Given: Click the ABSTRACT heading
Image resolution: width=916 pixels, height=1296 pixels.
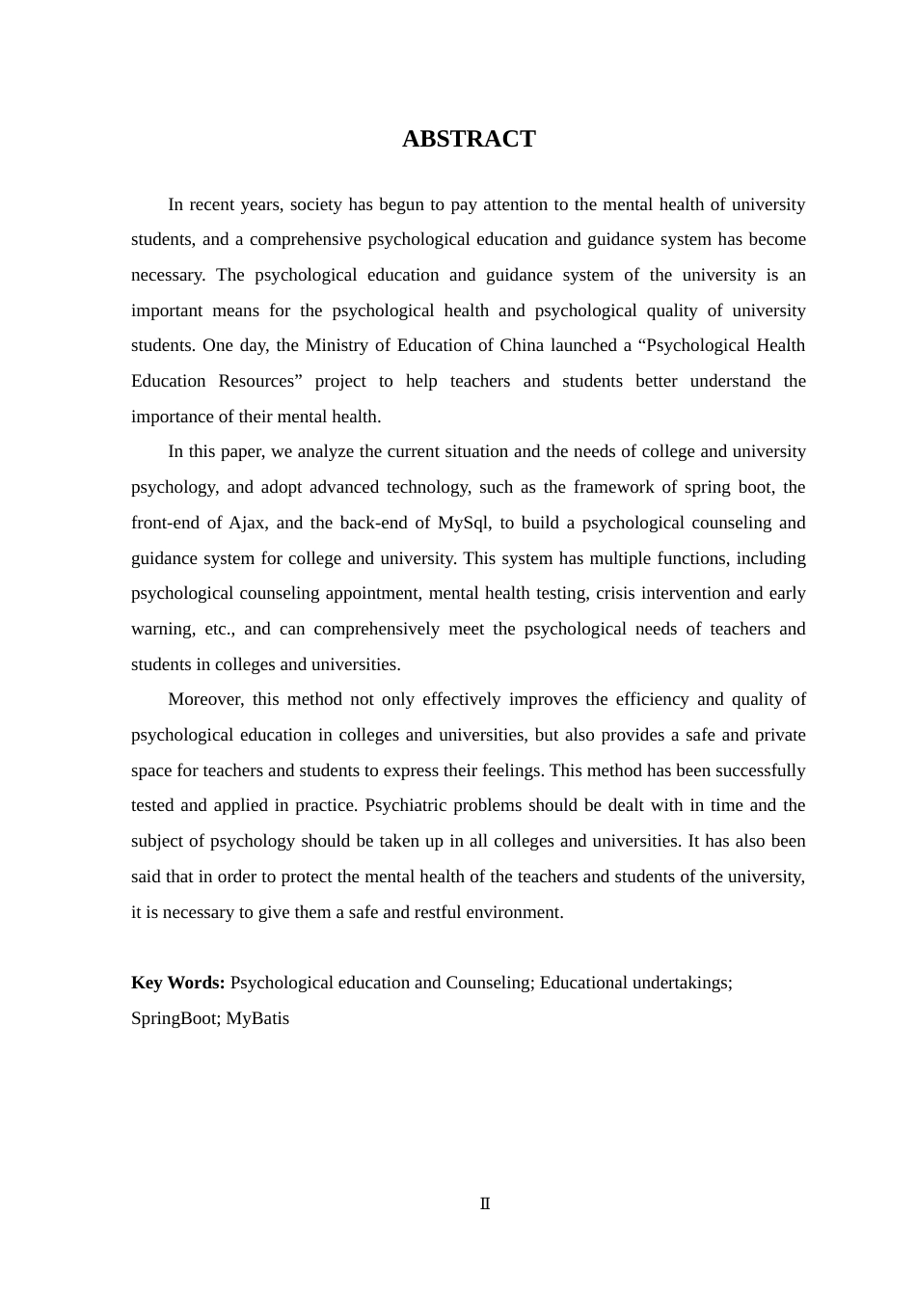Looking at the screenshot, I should (x=469, y=139).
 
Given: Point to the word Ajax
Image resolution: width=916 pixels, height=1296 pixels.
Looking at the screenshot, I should (x=247, y=523).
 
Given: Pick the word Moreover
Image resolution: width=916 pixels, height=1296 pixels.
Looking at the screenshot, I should (x=203, y=699).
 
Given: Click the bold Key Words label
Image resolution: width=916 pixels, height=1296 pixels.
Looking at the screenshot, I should (x=178, y=983).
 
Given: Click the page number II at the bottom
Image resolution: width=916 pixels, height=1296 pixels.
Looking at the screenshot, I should (x=485, y=1203).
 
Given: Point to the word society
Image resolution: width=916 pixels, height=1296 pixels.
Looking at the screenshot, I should (x=315, y=204).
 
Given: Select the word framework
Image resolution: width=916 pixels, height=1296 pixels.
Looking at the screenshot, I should (x=625, y=487).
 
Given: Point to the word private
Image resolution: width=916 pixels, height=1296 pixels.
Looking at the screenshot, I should (x=779, y=735).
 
